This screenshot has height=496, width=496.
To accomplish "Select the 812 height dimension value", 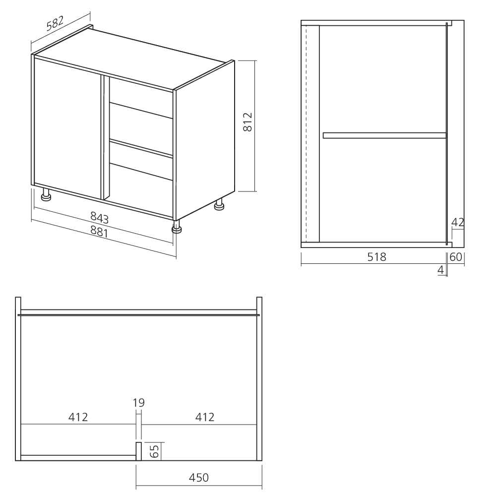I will pos(248,122).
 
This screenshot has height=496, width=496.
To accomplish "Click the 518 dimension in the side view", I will pos(377,256).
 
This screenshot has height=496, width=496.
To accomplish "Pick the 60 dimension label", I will pos(456,256).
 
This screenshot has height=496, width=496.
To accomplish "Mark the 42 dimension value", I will pos(458,222).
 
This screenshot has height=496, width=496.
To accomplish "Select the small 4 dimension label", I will pos(440,270).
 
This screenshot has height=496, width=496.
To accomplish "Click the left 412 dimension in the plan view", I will pos(78,417).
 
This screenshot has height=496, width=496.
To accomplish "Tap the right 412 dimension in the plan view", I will pos(204,417).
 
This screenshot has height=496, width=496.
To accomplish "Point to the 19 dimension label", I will pos(139,403).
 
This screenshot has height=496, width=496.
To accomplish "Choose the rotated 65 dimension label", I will pos(154,451).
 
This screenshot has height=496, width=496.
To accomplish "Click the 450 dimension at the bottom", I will pos(198,478).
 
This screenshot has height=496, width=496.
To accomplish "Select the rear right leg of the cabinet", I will pos(219,205).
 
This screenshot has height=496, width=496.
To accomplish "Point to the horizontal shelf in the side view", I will pos(384,135).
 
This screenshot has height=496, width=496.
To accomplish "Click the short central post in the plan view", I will pos(139,450).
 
